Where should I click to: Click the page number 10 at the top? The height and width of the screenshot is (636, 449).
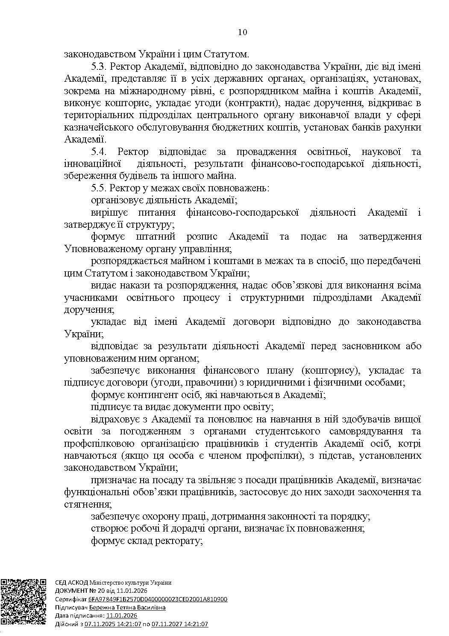[242, 33]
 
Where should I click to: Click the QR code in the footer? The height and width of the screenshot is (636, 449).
[24, 601]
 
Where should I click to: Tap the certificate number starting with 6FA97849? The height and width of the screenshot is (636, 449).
[158, 599]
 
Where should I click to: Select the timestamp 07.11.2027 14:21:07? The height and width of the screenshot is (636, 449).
[180, 624]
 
